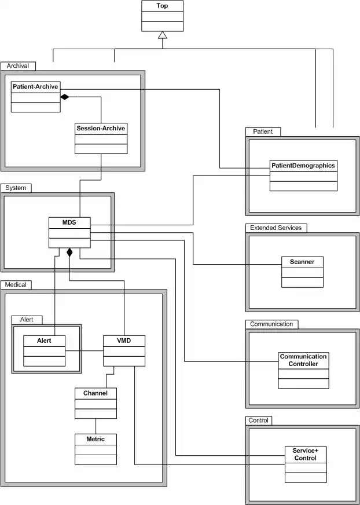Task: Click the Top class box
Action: [163, 16]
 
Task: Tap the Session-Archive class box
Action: [101, 138]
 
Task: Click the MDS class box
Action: [69, 232]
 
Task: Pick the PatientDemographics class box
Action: [303, 175]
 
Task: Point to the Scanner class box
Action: [302, 272]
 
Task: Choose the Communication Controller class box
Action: [303, 370]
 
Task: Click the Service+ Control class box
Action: [305, 464]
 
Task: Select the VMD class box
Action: [124, 350]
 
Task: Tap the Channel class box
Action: [95, 402]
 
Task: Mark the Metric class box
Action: [95, 449]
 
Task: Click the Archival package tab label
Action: [18, 66]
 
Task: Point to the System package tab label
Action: [16, 188]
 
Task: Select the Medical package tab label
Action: [17, 284]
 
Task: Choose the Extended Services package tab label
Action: [275, 228]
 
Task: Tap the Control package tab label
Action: [258, 420]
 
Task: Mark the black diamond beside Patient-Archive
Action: [65, 96]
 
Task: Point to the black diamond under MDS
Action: [69, 253]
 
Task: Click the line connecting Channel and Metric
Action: [95, 426]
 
